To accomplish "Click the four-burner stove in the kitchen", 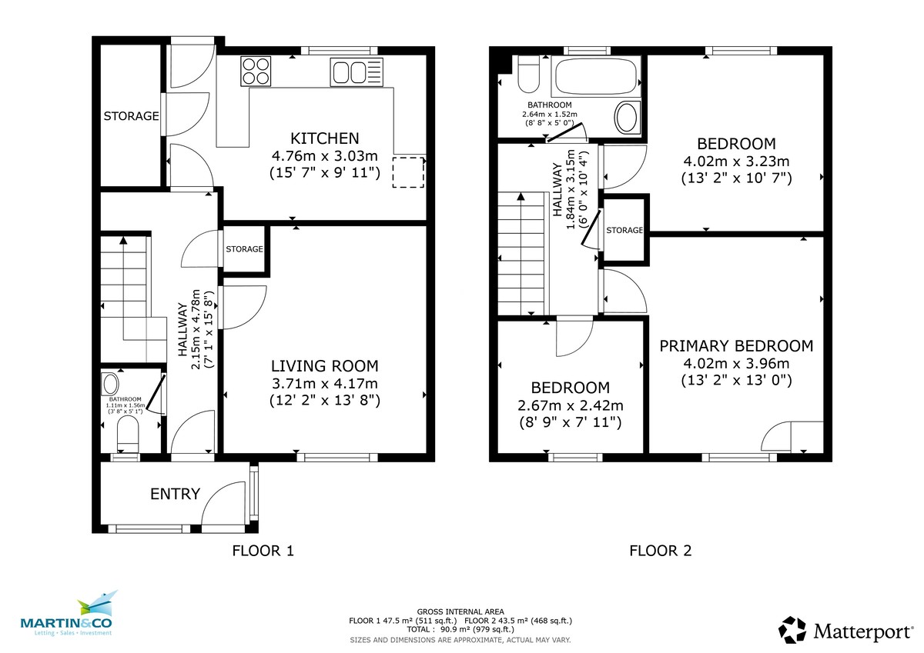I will click(256, 72).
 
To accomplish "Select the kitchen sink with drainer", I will click(355, 73).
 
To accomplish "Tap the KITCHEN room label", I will click(324, 138).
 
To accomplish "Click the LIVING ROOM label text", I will click(324, 366).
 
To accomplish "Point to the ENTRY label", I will click(176, 494).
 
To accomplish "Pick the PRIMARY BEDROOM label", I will click(736, 346).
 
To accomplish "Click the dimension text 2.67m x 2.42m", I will click(571, 405).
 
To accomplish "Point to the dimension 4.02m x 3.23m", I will click(736, 162).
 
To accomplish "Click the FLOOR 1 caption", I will click(263, 551).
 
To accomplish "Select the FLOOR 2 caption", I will click(660, 551).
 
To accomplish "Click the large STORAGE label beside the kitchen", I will click(131, 117).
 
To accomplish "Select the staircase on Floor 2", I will click(522, 254).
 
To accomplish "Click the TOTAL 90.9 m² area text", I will click(460, 629).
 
